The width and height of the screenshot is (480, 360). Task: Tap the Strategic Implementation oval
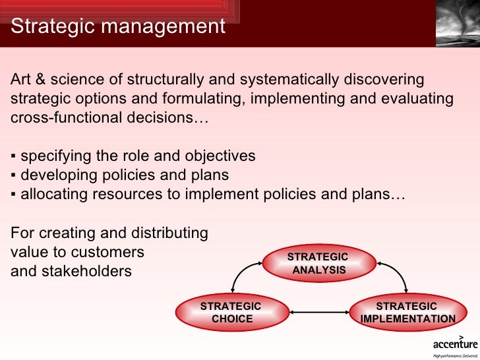[407, 313]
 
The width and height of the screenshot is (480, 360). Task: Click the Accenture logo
[454, 344]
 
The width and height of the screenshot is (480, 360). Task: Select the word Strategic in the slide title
[52, 26]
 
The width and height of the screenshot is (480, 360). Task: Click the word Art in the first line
[21, 80]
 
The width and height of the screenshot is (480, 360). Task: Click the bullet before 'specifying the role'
[14, 157]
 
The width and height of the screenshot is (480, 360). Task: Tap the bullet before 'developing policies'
[14, 176]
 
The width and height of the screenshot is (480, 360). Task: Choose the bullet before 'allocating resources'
[14, 195]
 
